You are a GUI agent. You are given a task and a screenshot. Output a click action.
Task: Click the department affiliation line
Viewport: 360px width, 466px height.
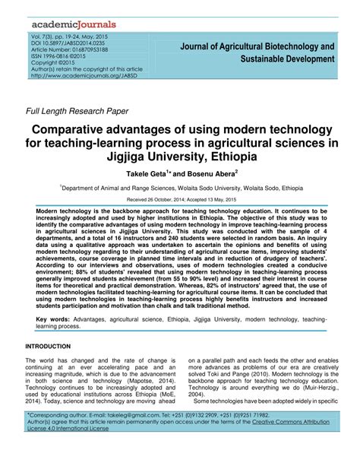tap(180, 188)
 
